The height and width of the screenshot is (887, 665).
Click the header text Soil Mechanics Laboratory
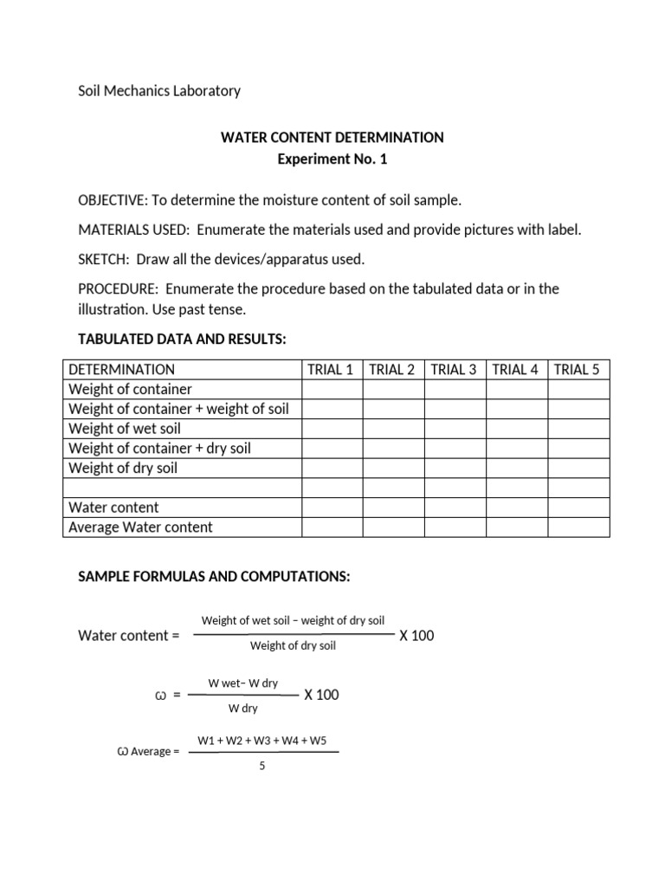159,90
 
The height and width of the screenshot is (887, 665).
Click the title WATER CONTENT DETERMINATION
332,138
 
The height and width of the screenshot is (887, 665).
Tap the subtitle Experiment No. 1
332,159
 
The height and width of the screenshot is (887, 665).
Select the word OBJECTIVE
113,200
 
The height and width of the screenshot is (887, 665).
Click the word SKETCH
102,259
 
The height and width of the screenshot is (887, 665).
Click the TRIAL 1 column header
331,369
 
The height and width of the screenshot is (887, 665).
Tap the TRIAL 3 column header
454,369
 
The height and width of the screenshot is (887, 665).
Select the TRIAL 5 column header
577,369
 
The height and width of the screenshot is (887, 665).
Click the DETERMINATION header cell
121,369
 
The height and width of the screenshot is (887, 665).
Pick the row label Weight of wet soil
124,429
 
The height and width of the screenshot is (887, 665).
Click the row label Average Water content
140,528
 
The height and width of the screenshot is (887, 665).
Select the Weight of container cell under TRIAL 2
392,389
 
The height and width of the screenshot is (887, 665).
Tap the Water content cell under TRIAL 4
515,508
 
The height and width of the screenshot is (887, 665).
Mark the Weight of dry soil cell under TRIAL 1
331,468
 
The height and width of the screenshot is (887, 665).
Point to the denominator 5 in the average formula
261,767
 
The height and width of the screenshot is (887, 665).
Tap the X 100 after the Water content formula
416,636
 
